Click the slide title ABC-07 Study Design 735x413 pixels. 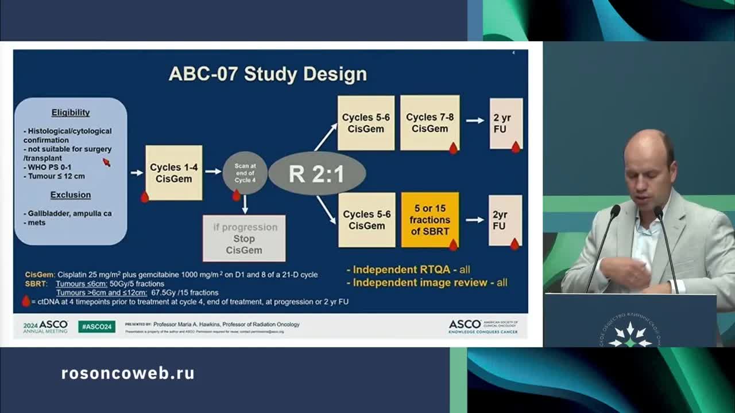(x=268, y=75)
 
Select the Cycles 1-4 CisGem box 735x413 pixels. (x=173, y=173)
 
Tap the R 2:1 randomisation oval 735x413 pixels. (x=316, y=173)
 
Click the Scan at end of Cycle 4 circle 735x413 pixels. (x=245, y=173)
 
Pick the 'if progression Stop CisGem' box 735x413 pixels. (x=244, y=239)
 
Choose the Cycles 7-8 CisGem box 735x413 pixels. (x=430, y=123)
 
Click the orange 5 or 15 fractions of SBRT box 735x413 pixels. (x=430, y=220)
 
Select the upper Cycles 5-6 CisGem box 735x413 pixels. (x=366, y=123)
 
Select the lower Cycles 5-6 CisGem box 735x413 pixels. (x=366, y=220)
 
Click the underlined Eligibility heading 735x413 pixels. (x=71, y=112)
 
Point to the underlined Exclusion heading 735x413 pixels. (x=71, y=194)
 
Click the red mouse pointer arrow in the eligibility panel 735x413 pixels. (x=106, y=162)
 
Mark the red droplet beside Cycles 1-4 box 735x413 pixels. (x=145, y=197)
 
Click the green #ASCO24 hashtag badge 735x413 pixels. (x=96, y=326)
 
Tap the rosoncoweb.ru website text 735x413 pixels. (x=127, y=373)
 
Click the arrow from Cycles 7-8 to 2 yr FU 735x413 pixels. (x=475, y=120)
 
